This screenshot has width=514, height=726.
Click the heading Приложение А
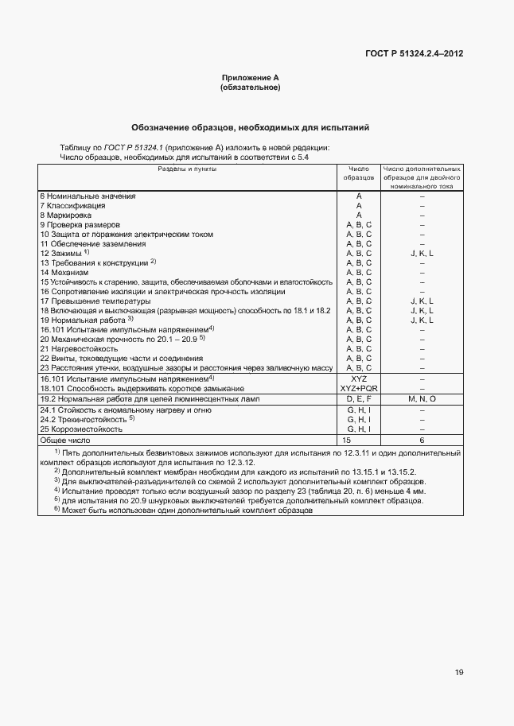click(x=250, y=78)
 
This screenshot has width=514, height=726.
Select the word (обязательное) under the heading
click(x=250, y=87)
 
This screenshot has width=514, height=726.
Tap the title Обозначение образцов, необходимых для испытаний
click(x=250, y=127)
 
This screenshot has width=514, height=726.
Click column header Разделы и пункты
click(x=186, y=169)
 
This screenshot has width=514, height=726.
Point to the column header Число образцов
click(x=358, y=173)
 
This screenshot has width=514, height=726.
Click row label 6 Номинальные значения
click(x=88, y=196)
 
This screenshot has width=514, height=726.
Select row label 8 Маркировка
click(x=65, y=215)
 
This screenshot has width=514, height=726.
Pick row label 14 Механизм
click(x=65, y=272)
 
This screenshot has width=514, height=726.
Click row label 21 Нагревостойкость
click(x=79, y=348)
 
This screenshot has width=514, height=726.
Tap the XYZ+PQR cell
click(x=359, y=387)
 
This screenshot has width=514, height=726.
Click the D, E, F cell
click(x=359, y=398)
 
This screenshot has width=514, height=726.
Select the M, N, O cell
click(x=422, y=398)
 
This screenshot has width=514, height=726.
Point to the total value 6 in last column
click(x=422, y=439)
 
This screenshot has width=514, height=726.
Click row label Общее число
click(x=65, y=439)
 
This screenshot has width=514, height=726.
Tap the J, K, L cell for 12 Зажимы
click(x=422, y=253)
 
